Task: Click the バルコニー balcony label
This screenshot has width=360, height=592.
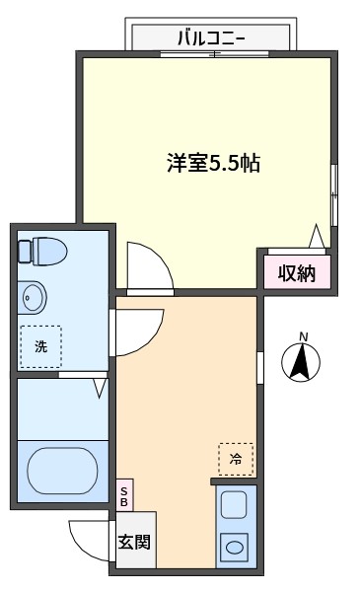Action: click(212, 38)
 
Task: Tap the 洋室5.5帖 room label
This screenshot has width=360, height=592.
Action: click(214, 163)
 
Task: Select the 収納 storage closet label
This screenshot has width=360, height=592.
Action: click(297, 272)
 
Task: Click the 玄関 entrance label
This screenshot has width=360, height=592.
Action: click(134, 542)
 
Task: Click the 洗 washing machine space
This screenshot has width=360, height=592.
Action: click(40, 346)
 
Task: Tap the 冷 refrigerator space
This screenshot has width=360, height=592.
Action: click(236, 459)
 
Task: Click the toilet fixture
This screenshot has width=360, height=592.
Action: click(42, 251)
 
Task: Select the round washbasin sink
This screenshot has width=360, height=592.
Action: click(33, 297)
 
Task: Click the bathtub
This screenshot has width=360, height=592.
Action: click(63, 471)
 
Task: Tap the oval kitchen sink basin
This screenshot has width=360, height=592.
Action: click(235, 547)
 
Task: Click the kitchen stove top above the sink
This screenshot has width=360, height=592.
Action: click(234, 504)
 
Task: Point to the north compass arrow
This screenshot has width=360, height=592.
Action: click(301, 362)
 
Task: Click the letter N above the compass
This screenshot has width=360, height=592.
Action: click(304, 336)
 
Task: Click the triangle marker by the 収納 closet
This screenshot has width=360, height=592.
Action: click(317, 237)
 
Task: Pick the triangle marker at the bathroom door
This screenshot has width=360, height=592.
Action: click(100, 388)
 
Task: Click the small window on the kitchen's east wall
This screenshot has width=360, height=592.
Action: click(260, 367)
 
